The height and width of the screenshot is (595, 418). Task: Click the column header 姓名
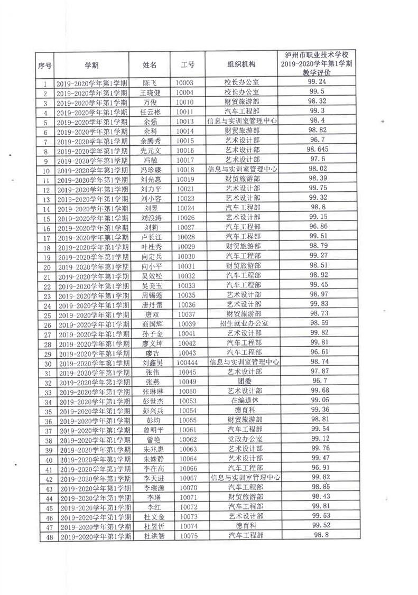(x=151, y=65)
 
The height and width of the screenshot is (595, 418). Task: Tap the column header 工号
(x=187, y=65)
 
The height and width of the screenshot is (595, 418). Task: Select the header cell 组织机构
(x=241, y=64)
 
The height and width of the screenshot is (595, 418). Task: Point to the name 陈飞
(x=151, y=83)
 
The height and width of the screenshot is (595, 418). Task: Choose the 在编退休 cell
(x=244, y=400)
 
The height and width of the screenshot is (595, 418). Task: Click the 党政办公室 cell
(x=245, y=439)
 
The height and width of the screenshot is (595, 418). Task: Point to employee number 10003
(x=184, y=83)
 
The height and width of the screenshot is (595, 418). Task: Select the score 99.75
(x=318, y=188)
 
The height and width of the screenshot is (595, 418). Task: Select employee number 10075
(x=188, y=536)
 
